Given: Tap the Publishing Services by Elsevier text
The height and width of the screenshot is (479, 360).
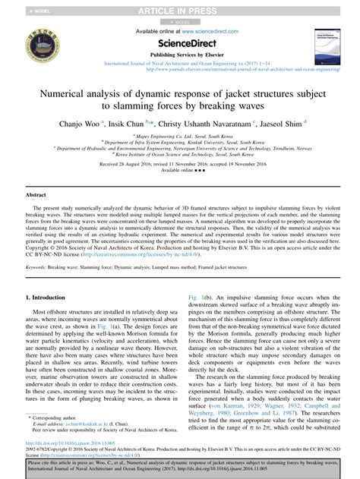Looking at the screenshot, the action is [180, 55].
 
